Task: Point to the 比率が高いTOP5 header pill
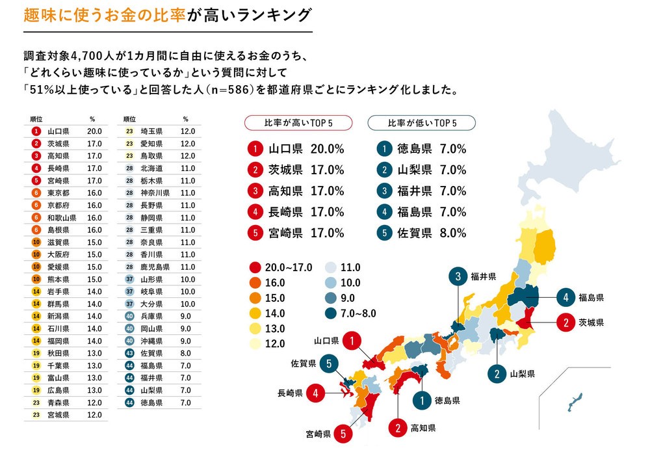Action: pos(298,122)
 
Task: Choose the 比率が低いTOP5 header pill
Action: pos(421,122)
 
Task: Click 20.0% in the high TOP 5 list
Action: pos(327,149)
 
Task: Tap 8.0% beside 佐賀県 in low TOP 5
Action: pos(453,232)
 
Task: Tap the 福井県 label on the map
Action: pos(484,276)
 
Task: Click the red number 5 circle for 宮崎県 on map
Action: pos(343,432)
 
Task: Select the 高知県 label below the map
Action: pos(422,428)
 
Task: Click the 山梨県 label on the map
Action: pos(522,374)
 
